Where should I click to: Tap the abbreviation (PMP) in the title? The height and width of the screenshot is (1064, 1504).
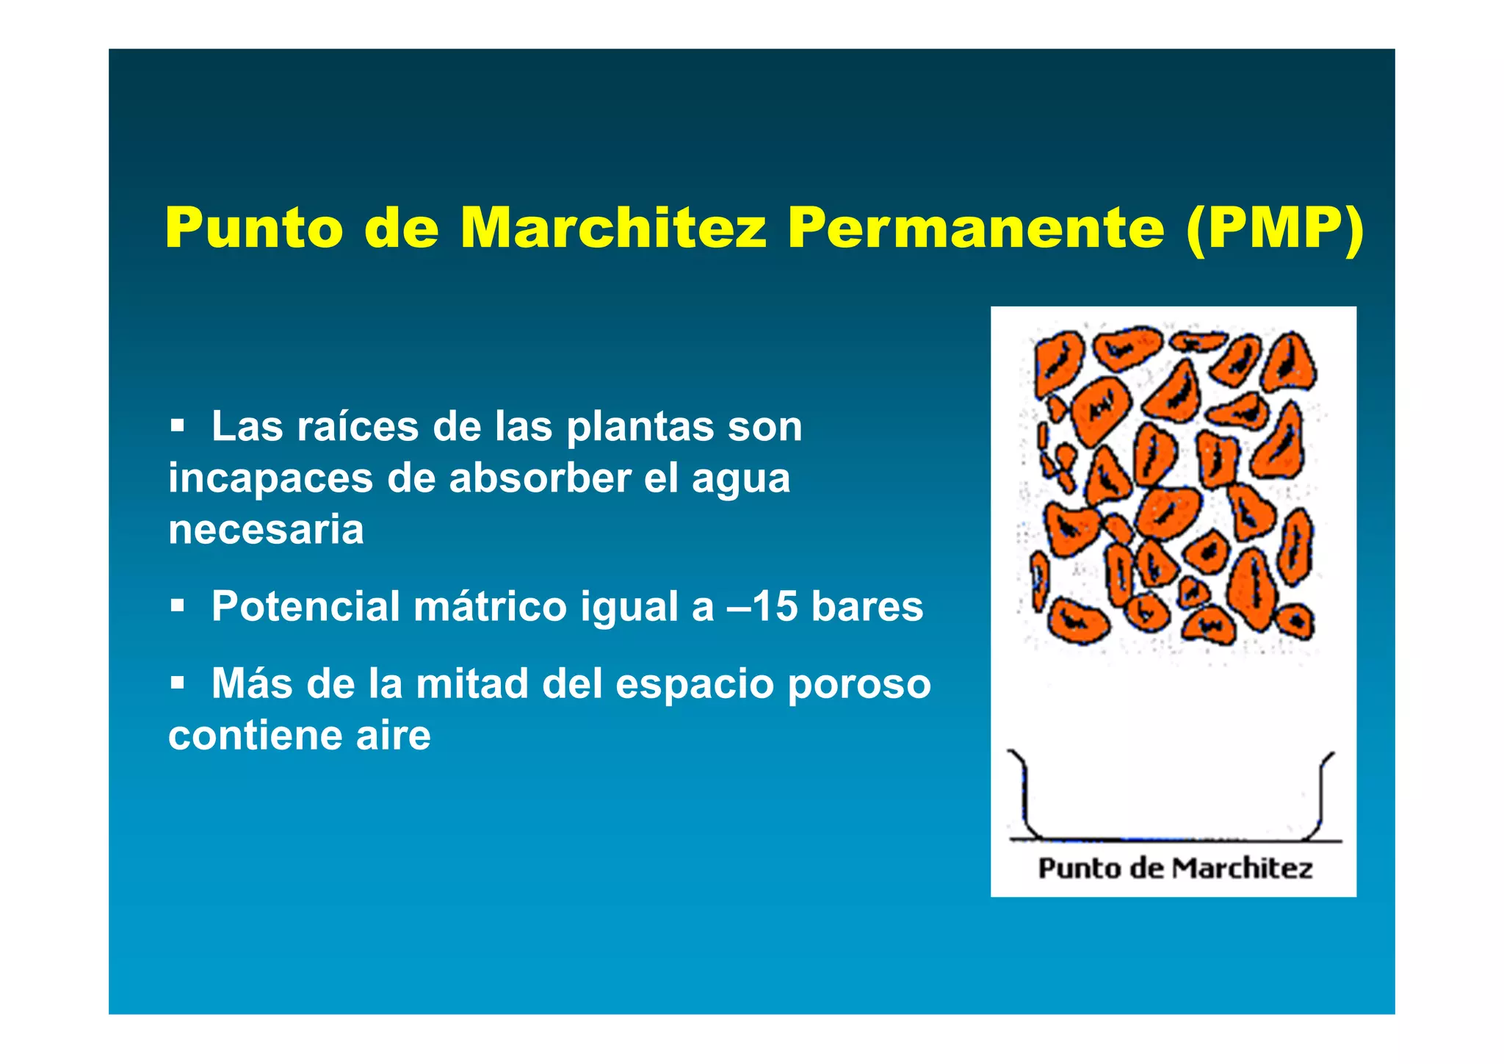[x=1275, y=228]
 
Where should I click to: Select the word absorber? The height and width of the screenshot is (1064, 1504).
[x=540, y=478]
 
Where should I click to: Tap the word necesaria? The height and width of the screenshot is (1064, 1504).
[x=266, y=529]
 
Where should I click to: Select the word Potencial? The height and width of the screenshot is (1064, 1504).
[x=305, y=606]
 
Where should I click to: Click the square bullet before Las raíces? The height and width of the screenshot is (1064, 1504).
[x=177, y=425]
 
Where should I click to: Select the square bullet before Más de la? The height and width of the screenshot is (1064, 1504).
[x=177, y=683]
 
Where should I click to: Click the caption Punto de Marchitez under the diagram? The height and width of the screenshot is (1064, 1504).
[x=1174, y=869]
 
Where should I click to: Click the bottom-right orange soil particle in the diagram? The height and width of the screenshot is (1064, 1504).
[x=1294, y=622]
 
